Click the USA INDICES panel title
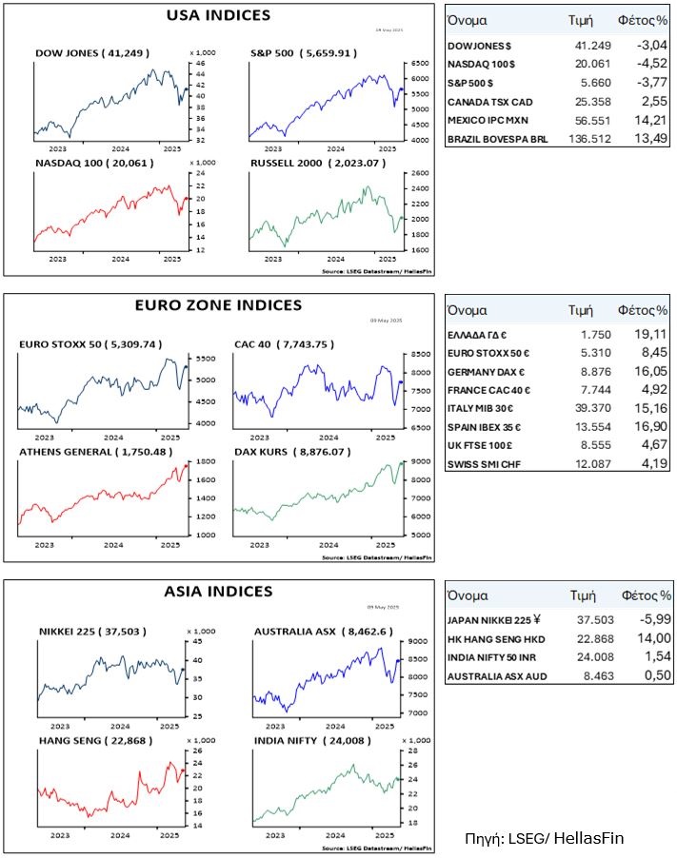(218, 15)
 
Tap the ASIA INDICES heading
(218, 591)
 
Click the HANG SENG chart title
(87, 739)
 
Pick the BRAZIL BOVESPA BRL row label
(499, 139)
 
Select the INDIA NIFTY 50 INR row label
(494, 658)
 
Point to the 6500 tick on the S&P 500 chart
(419, 64)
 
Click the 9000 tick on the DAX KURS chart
(418, 461)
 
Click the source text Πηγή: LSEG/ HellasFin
(545, 838)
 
